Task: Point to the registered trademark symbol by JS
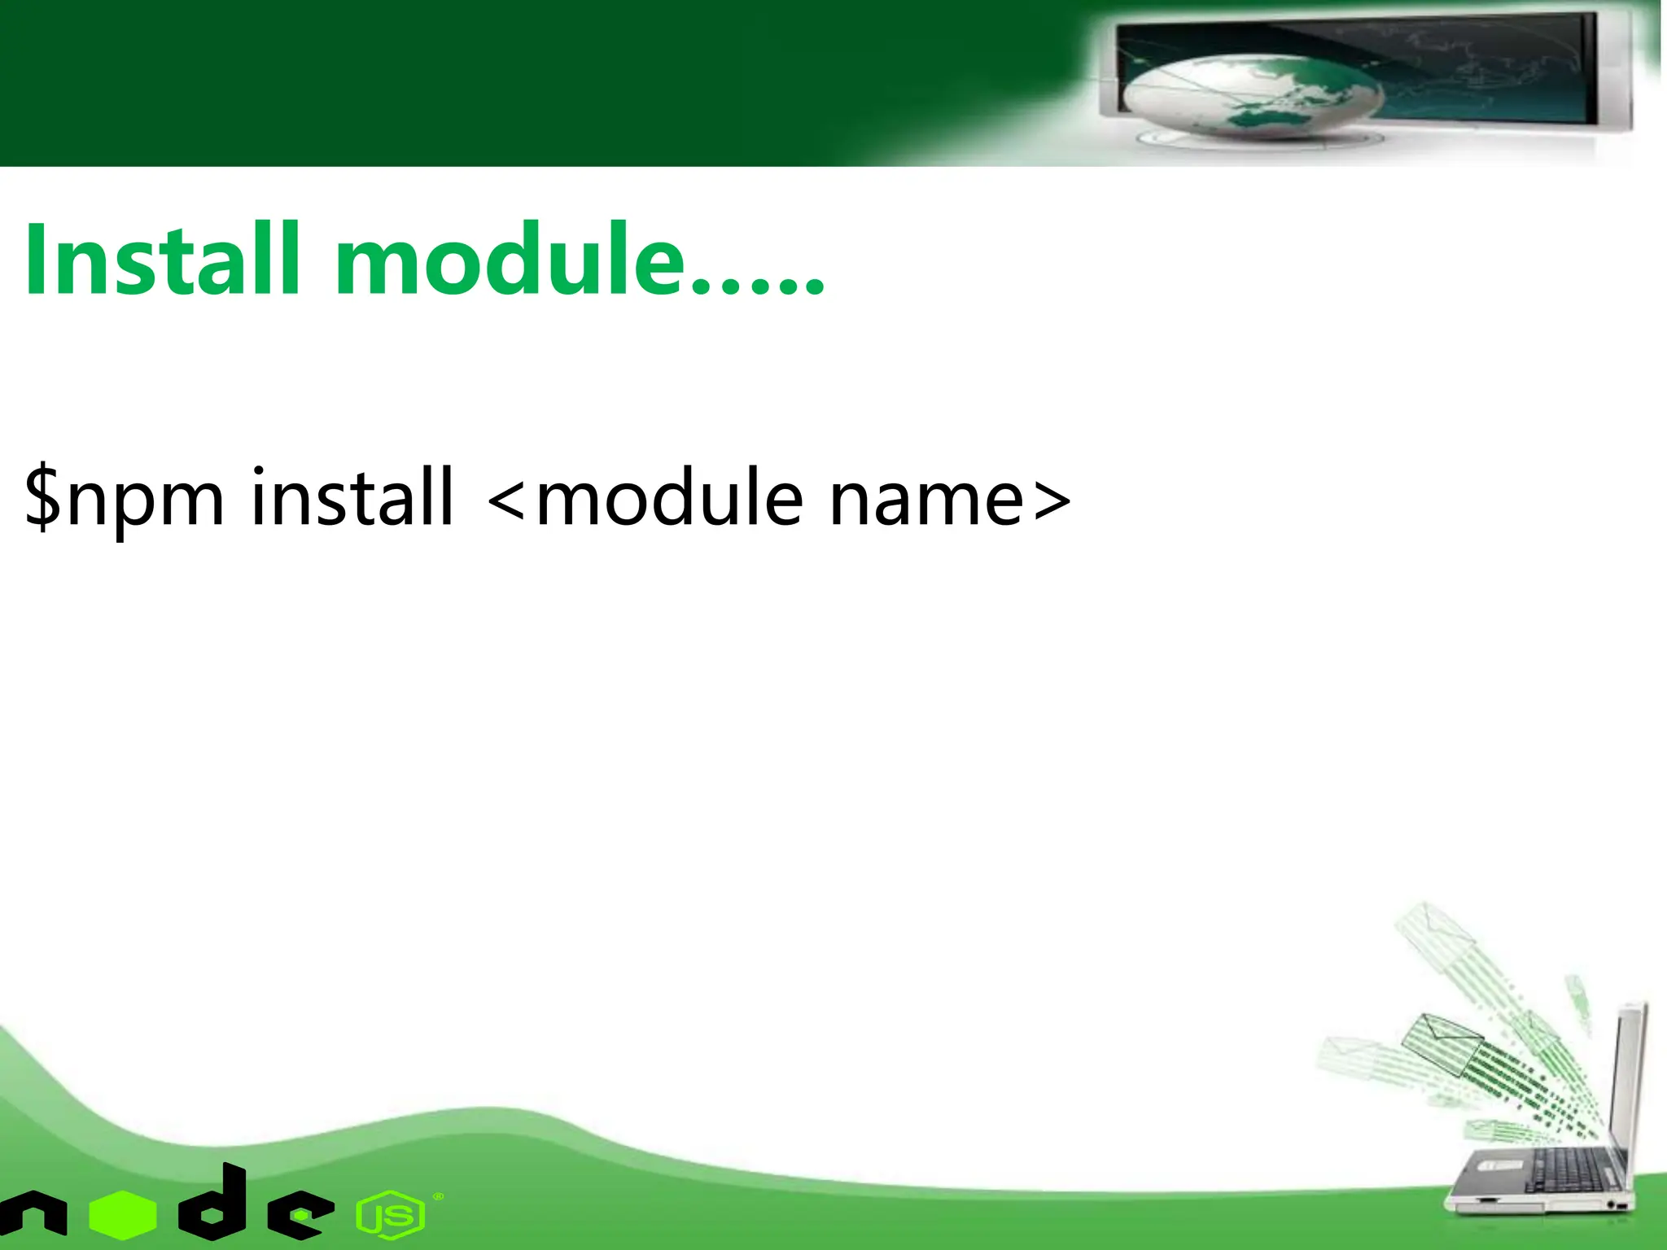[x=439, y=1196]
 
